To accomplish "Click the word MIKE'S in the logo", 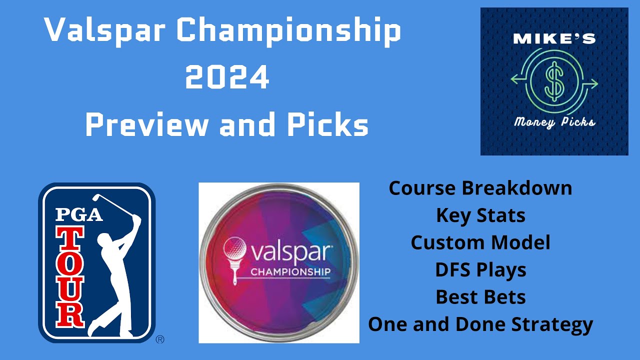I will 554,39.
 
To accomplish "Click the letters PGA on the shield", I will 79,213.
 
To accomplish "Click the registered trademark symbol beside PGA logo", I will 160,339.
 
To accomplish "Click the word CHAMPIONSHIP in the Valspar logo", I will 290,272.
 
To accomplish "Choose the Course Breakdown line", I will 480,188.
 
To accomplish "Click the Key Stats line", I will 480,215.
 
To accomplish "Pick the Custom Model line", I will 480,243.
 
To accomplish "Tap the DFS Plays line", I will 480,270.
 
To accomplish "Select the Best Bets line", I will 480,297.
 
